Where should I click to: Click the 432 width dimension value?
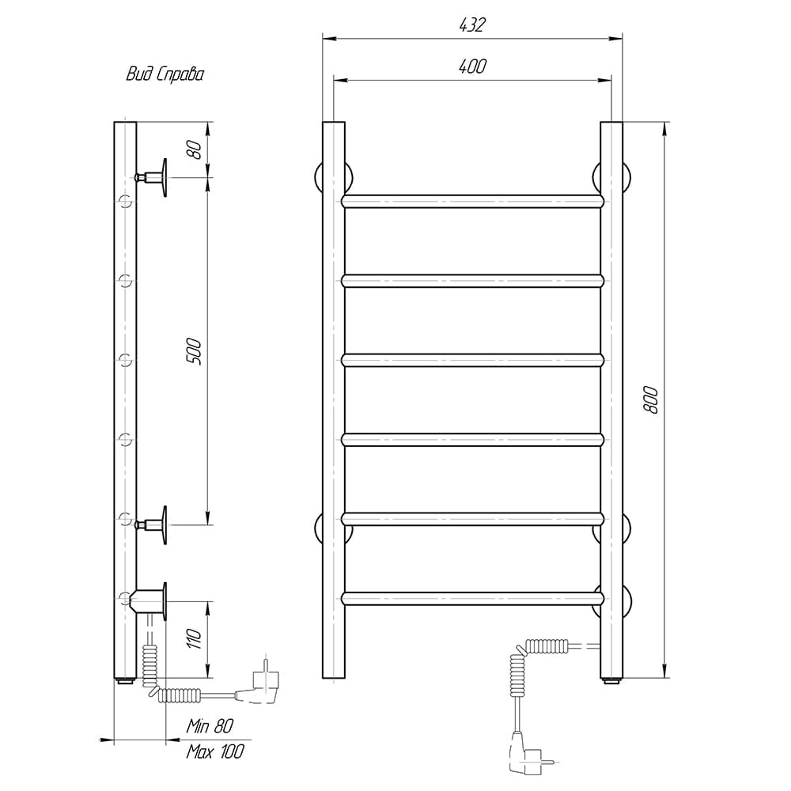pyautogui.click(x=471, y=25)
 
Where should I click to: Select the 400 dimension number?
pyautogui.click(x=472, y=66)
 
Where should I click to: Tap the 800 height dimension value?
pyautogui.click(x=651, y=400)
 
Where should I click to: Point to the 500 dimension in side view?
pyautogui.click(x=194, y=352)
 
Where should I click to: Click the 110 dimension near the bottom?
pyautogui.click(x=195, y=639)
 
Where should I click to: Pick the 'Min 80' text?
pyautogui.click(x=210, y=726)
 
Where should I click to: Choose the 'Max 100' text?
pyautogui.click(x=215, y=751)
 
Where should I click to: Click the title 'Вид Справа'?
pyautogui.click(x=165, y=74)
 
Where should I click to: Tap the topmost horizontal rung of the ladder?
pyautogui.click(x=473, y=201)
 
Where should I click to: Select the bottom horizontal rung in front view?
pyautogui.click(x=473, y=598)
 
